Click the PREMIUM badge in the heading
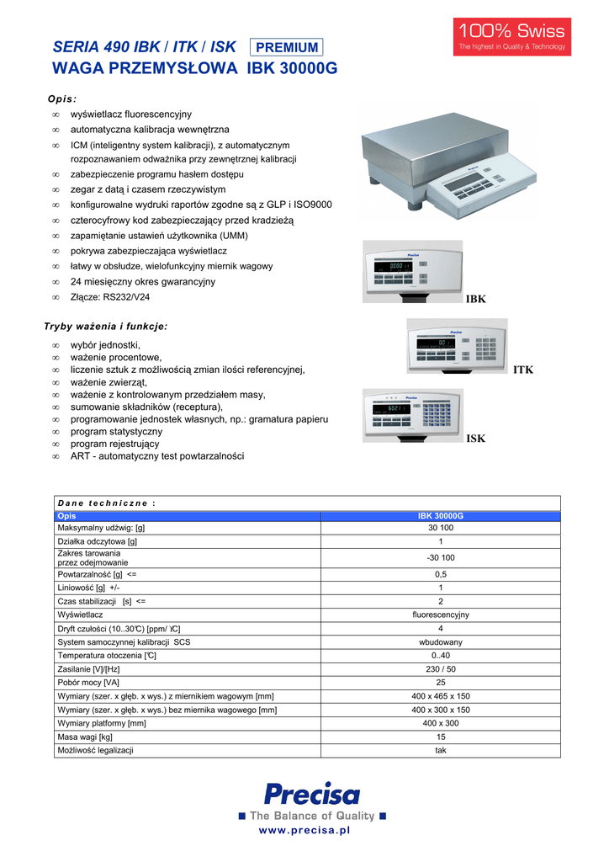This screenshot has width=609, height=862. [286, 48]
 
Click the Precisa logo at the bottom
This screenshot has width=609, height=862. [311, 794]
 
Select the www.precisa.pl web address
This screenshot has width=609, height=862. [304, 831]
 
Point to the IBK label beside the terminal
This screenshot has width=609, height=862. [476, 300]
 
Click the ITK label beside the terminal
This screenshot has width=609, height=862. [523, 370]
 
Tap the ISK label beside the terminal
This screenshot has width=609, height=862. [475, 439]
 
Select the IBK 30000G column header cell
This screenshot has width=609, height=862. [440, 516]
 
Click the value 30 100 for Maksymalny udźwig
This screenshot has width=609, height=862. [440, 528]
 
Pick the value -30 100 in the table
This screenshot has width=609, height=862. [440, 557]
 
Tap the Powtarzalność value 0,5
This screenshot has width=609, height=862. [440, 574]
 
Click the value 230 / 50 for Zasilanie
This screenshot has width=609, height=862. [440, 669]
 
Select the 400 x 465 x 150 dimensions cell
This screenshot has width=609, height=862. [440, 696]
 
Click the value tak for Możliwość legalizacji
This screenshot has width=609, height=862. [440, 750]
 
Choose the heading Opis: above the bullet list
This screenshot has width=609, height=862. [61, 98]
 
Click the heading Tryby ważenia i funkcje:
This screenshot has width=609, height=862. [105, 326]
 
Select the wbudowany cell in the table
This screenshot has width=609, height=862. [440, 642]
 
